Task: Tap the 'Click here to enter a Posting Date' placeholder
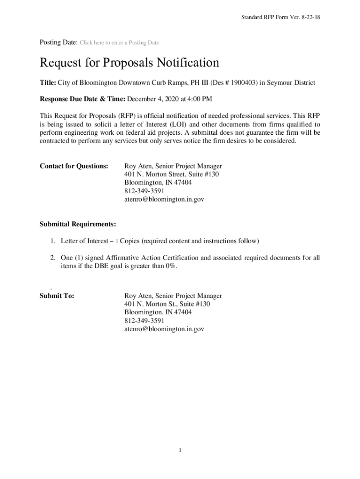(x=119, y=43)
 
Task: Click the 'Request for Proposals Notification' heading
(x=129, y=63)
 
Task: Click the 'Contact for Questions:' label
(x=74, y=166)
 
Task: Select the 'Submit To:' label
(x=57, y=296)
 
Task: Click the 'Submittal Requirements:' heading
(x=78, y=224)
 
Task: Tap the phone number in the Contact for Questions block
(x=144, y=191)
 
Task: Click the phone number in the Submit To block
(x=144, y=320)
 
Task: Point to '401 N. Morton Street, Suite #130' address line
(x=172, y=174)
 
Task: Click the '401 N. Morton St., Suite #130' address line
(x=167, y=304)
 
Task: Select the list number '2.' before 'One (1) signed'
(x=53, y=258)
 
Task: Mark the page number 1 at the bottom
(x=180, y=450)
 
